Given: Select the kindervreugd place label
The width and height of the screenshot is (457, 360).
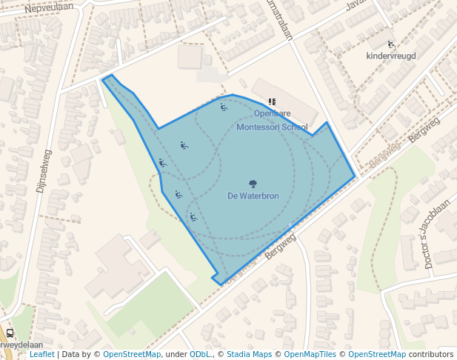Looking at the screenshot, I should (390, 56).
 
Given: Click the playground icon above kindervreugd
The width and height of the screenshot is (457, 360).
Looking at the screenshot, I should (391, 44).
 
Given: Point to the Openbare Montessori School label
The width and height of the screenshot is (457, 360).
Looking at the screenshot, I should (272, 120).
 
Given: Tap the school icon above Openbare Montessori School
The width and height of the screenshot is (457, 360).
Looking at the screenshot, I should (272, 101).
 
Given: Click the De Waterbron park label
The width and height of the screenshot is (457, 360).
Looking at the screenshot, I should (253, 196).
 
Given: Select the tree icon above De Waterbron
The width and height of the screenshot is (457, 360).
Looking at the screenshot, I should (253, 183).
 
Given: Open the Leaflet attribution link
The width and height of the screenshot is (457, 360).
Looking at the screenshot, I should (41, 354).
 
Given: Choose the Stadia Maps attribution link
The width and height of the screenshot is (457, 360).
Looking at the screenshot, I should (249, 354).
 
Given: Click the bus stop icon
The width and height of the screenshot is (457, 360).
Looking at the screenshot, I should (10, 333).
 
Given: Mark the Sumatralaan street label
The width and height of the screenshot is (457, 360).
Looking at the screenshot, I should (281, 20).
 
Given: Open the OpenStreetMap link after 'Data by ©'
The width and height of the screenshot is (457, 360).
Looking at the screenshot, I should (132, 354).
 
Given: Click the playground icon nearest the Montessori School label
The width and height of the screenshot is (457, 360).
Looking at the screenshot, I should (224, 107).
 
